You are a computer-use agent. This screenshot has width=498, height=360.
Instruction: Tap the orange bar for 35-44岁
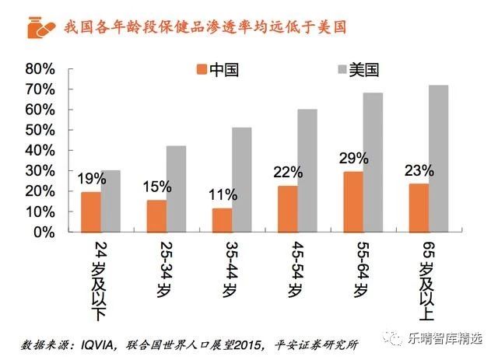[223, 220]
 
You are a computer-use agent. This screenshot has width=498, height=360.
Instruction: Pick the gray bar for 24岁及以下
[110, 201]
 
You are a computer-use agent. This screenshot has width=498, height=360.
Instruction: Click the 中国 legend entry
[214, 70]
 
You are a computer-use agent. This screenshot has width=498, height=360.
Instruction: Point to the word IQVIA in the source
[102, 342]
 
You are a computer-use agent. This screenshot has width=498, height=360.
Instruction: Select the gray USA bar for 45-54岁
[308, 170]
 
